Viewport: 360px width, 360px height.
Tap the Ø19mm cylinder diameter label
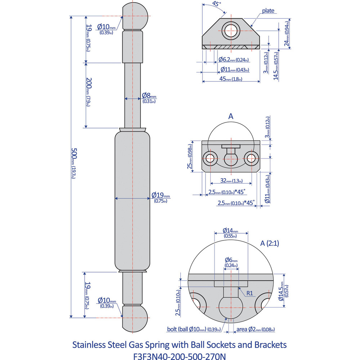(161, 197)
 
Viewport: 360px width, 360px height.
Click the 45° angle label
(216, 5)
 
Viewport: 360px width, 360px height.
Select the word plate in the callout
(268, 11)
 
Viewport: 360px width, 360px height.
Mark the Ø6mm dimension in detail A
(231, 262)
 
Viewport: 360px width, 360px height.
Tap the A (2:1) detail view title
(270, 243)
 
